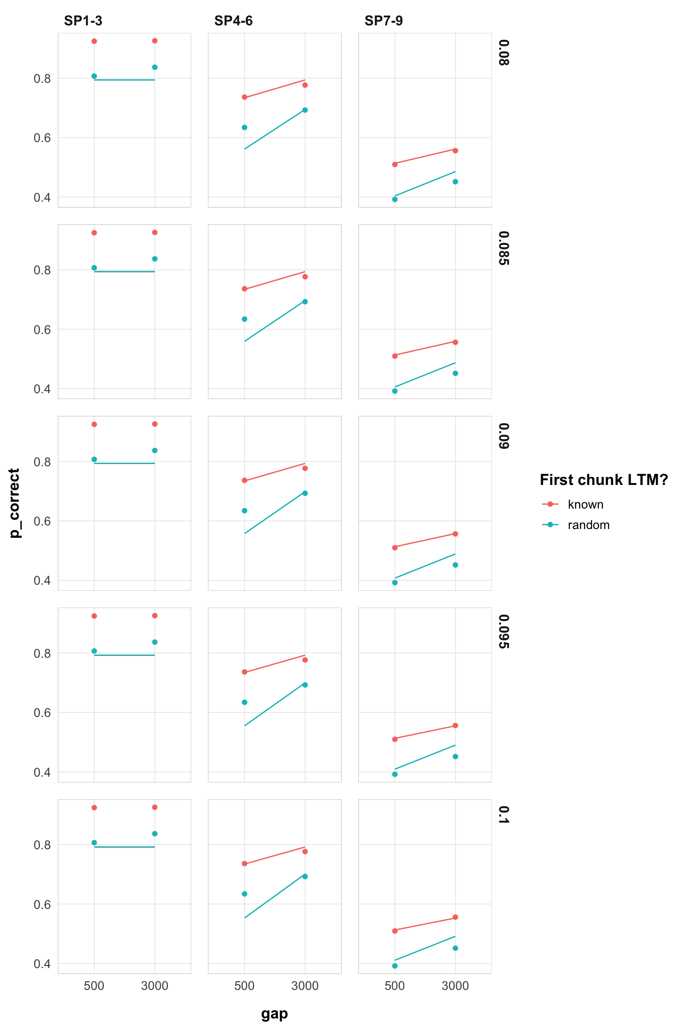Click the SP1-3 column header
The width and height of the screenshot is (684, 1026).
click(83, 21)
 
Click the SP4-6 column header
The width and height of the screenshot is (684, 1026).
click(233, 21)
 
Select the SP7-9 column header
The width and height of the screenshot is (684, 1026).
click(383, 21)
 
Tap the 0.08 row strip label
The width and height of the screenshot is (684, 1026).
click(504, 53)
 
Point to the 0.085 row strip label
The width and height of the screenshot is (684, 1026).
click(504, 248)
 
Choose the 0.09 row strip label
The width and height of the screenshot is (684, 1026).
click(504, 436)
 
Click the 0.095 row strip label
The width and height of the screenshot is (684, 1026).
click(504, 631)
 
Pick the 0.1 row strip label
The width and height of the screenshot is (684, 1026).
click(504, 815)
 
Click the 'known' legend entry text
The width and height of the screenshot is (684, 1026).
click(586, 505)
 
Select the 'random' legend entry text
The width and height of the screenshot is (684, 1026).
click(588, 525)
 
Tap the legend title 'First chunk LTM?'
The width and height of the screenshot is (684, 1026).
click(604, 480)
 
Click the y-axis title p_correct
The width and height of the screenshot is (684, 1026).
click(15, 503)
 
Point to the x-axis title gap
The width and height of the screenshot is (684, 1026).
click(274, 1014)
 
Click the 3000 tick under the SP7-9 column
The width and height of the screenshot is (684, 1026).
click(455, 986)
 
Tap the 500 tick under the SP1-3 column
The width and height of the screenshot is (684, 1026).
click(94, 986)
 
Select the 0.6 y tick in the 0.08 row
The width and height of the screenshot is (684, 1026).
click(42, 138)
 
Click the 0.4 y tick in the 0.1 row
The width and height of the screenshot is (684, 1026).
click(42, 964)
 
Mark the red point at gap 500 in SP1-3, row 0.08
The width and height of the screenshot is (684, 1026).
click(94, 41)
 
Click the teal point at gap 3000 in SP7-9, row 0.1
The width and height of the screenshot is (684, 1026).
click(455, 948)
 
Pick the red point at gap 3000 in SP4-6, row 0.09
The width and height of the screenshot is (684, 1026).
click(305, 468)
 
